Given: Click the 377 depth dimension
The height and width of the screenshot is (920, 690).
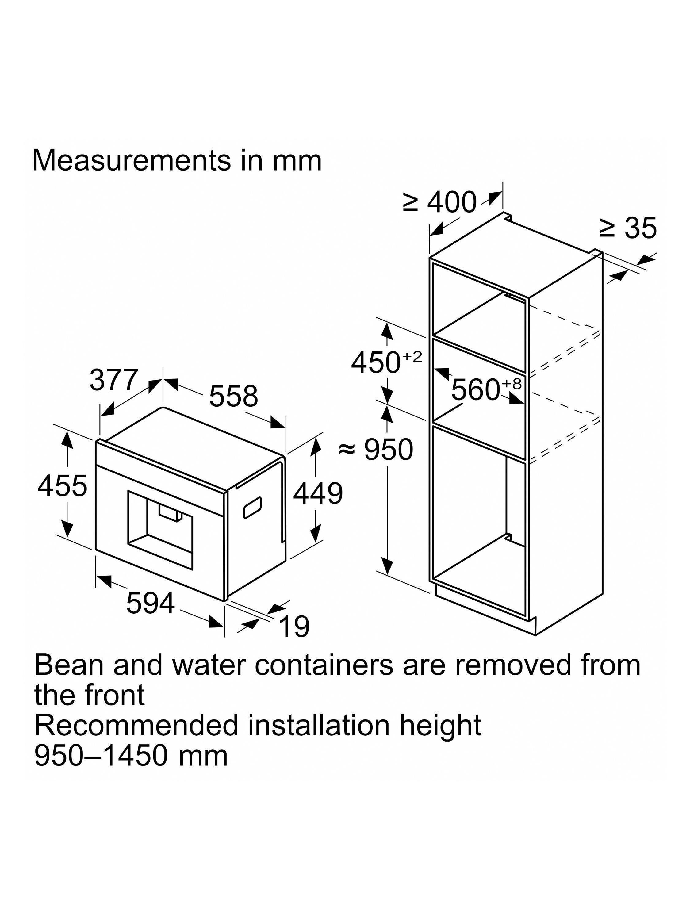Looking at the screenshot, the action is pyautogui.click(x=113, y=380).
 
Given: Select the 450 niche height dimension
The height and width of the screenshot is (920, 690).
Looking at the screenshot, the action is pyautogui.click(x=386, y=362).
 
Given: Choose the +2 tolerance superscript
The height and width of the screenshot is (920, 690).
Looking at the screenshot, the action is pyautogui.click(x=412, y=356).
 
